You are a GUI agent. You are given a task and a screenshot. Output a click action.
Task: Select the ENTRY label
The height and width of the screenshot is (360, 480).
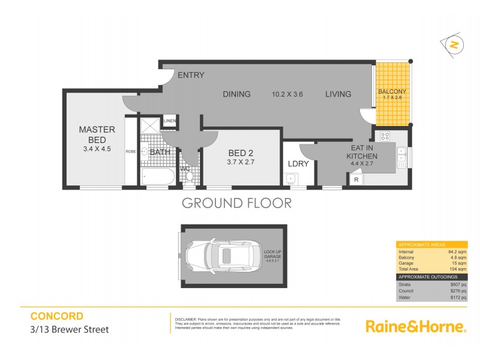pos(191,76)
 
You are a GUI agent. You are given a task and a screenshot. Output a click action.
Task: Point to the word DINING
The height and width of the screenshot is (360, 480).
pos(236,94)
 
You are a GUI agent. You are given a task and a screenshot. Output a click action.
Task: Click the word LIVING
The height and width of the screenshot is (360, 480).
pos(338,94)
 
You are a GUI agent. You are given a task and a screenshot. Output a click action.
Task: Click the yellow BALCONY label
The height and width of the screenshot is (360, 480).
pos(392,92)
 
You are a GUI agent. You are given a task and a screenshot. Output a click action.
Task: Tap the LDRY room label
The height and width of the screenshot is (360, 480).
pos(298,163)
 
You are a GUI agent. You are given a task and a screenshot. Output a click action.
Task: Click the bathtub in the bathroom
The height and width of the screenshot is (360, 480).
pos(155,177)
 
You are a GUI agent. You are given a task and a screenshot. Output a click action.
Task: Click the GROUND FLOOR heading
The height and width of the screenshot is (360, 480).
pos(236,203)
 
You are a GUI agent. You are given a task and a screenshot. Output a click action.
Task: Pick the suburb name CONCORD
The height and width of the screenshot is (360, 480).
pos(56,316)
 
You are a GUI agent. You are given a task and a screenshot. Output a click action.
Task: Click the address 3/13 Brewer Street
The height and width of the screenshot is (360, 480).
pos(70,329)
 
